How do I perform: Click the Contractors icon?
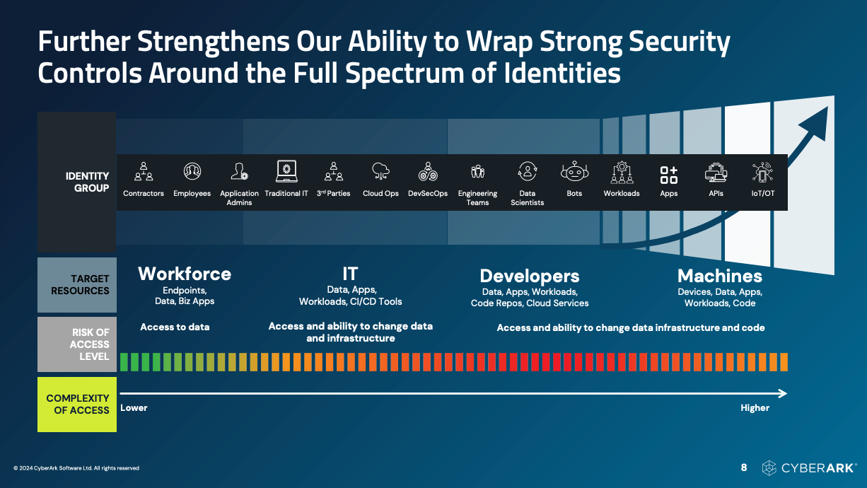(x=144, y=171)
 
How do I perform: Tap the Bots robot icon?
(x=574, y=171)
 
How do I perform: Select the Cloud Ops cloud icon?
(x=380, y=171)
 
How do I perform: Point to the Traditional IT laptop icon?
(x=286, y=171)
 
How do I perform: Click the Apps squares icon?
(x=669, y=175)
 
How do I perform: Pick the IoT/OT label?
(x=763, y=194)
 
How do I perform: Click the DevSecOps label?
(x=428, y=194)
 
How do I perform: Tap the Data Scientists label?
(x=527, y=198)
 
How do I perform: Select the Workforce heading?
(x=185, y=274)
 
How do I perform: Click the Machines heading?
(x=719, y=276)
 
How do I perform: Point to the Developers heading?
(x=530, y=277)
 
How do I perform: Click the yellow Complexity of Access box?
(x=77, y=405)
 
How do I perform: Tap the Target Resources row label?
(x=80, y=284)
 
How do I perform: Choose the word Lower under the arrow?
(x=134, y=408)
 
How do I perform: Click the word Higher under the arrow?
(x=755, y=408)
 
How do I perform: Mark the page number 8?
(x=743, y=467)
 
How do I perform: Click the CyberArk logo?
(x=809, y=468)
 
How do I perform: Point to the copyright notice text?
(x=76, y=468)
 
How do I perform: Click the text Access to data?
(x=175, y=327)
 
